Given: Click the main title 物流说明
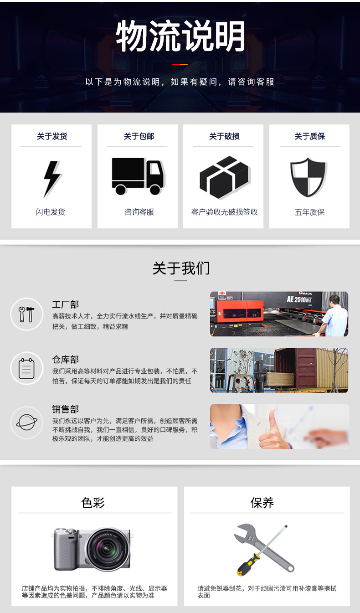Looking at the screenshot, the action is click(x=180, y=36).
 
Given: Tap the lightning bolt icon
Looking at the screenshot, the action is click(x=52, y=179).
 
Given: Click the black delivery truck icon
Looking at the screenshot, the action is click(x=138, y=176).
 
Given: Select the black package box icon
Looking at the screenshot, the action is click(x=225, y=177).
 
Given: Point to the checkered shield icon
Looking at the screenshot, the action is click(x=309, y=177).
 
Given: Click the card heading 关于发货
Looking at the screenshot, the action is click(x=52, y=136).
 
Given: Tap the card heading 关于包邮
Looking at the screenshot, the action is click(x=139, y=136).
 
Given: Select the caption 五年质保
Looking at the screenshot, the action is click(x=310, y=212).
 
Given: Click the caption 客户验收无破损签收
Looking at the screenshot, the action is click(x=224, y=212).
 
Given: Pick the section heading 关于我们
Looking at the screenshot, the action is click(x=181, y=268).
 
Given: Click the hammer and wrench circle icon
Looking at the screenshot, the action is click(x=26, y=314).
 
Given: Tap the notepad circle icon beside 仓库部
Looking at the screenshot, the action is click(x=26, y=368).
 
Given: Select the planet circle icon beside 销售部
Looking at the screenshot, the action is click(x=26, y=422).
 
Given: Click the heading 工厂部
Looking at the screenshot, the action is click(x=65, y=304).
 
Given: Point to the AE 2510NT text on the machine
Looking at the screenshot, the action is click(x=299, y=299).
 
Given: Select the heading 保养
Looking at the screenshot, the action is click(x=262, y=503).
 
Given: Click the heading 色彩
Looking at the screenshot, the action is click(x=93, y=503).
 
